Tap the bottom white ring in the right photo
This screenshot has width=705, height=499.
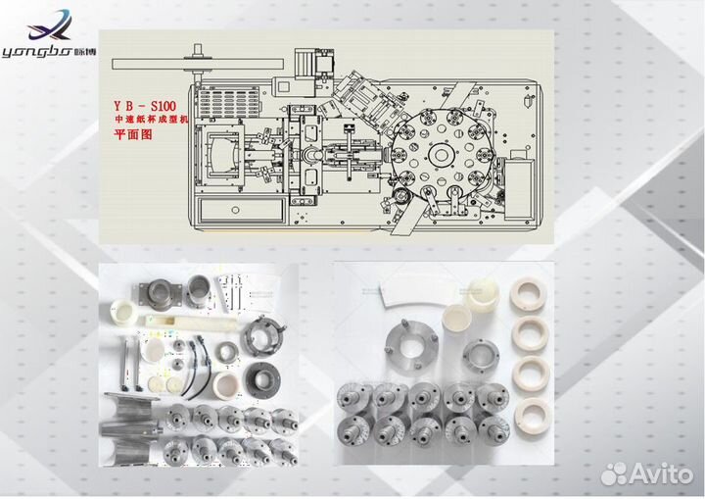click(x=533, y=413)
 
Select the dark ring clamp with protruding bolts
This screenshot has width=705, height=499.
click(x=262, y=333)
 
